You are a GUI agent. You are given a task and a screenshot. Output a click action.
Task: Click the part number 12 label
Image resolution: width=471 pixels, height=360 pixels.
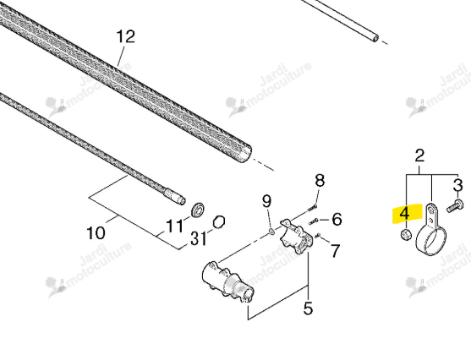pos(125,36)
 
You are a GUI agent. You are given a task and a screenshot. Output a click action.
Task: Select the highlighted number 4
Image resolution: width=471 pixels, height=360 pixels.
pos(404,214)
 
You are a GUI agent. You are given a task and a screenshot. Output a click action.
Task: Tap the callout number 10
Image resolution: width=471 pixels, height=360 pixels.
pos(96,232)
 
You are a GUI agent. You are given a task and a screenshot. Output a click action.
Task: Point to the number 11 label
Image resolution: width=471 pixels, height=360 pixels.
pos(174,226)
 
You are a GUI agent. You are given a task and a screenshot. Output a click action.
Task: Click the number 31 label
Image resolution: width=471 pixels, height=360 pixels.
pos(198,239)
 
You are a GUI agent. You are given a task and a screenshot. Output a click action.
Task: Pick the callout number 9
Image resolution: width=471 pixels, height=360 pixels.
pos(266,201)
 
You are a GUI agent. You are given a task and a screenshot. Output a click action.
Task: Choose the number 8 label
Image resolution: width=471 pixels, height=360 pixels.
pos(320,181)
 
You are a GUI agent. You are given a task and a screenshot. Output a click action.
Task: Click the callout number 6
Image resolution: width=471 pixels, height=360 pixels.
pos(337,219)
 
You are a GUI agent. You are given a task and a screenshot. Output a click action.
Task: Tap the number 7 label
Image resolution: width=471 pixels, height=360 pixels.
pos(335,250)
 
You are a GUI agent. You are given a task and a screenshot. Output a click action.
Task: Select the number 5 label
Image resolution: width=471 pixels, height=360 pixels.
pos(308,308)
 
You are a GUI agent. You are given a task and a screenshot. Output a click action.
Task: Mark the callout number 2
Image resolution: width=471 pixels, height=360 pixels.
pos(419,155)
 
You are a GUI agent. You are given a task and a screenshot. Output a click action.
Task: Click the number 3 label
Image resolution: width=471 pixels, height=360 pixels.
pos(457,185)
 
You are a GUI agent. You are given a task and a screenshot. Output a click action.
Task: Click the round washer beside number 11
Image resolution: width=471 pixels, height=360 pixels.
pos(198,210)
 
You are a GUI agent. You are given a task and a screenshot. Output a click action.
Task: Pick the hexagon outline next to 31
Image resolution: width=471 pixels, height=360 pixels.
pos(219,222)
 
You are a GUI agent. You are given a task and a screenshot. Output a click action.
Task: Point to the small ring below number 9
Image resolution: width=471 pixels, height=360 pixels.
pos(271,231)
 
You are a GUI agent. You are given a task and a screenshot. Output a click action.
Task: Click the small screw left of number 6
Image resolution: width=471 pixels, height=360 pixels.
pos(314,221)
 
